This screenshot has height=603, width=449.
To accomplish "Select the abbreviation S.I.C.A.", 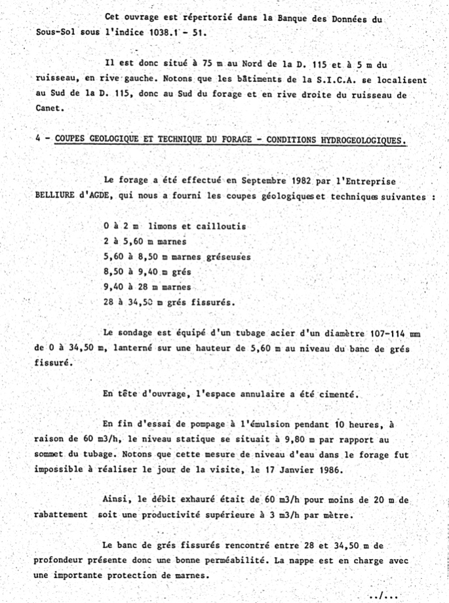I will [332, 80].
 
